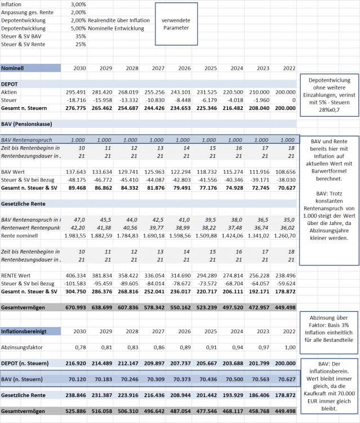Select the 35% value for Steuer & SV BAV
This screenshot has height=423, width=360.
[x=81, y=36]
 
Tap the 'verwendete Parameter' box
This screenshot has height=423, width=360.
[x=176, y=24]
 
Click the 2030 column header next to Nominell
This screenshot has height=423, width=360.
[x=79, y=68]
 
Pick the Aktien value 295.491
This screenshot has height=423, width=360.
[x=75, y=92]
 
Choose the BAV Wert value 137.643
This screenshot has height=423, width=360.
[x=75, y=171]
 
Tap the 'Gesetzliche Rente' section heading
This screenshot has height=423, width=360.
[x=24, y=202]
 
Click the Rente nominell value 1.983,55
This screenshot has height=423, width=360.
[x=74, y=235]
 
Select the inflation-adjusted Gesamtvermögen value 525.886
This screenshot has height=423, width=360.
[x=75, y=412]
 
